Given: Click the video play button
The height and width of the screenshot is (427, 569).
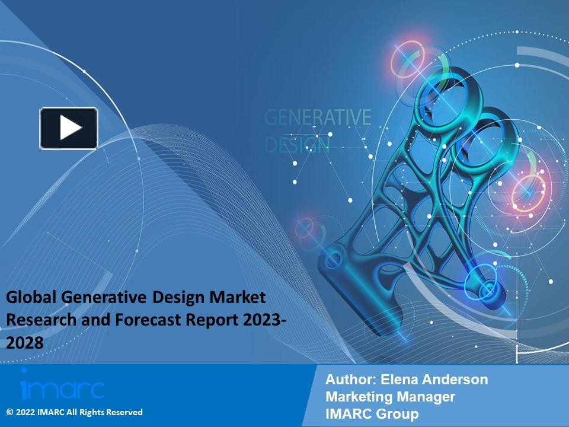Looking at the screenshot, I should (x=69, y=128).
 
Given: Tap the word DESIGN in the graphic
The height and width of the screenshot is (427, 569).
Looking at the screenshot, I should (x=297, y=144).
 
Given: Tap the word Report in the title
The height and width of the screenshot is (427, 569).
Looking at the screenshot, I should (x=216, y=321).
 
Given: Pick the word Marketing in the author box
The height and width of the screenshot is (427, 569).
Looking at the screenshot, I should (x=358, y=397).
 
